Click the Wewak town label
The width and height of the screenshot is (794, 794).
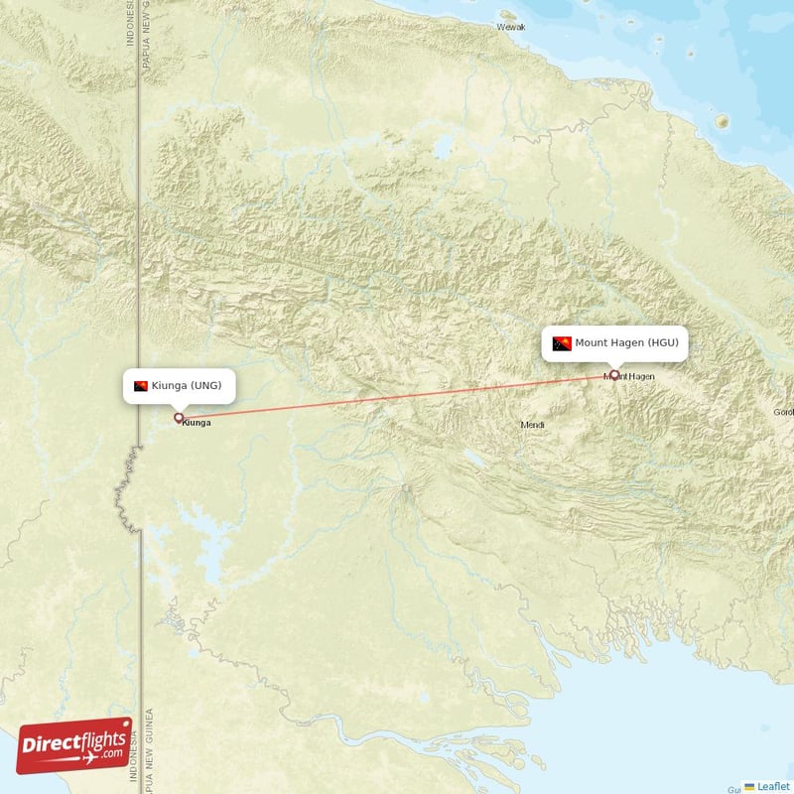pyautogui.click(x=510, y=28)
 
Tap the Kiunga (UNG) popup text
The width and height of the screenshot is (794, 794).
pyautogui.click(x=193, y=385)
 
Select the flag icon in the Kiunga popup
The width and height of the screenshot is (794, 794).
pyautogui.click(x=141, y=385)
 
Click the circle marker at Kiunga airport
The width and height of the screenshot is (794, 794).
pyautogui.click(x=179, y=418)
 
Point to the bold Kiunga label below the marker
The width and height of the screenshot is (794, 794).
pyautogui.click(x=197, y=423)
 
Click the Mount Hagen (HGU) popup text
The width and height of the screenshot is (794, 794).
pyautogui.click(x=626, y=342)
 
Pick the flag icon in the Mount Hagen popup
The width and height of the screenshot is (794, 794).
pyautogui.click(x=562, y=343)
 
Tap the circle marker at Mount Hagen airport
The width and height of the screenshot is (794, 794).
pyautogui.click(x=614, y=375)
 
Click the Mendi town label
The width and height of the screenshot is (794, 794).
pyautogui.click(x=533, y=425)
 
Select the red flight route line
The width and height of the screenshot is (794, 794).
pyautogui.click(x=397, y=396)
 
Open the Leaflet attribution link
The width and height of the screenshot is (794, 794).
pyautogui.click(x=772, y=786)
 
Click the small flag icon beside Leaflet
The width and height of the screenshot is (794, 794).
pyautogui.click(x=749, y=786)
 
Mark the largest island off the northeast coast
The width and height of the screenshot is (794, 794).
pyautogui.click(x=722, y=121)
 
